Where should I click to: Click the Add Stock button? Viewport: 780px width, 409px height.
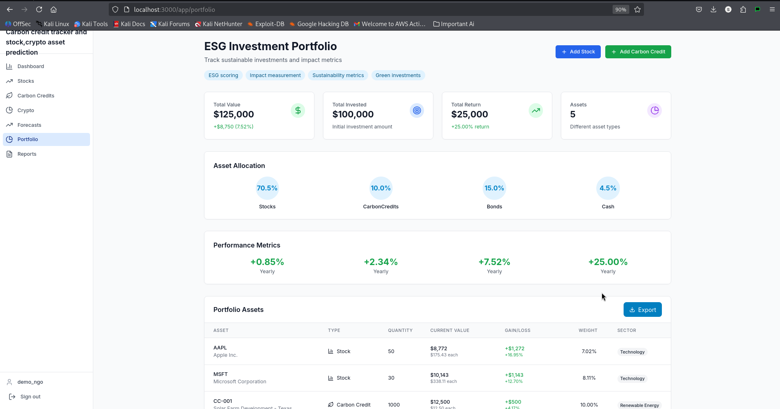pyautogui.click(x=578, y=52)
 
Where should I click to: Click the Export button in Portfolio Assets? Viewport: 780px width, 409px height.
pyautogui.click(x=642, y=310)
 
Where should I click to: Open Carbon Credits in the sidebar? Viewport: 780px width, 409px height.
pyautogui.click(x=36, y=96)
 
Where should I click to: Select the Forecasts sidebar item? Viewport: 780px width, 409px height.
pyautogui.click(x=29, y=125)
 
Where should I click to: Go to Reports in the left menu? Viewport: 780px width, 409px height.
pyautogui.click(x=27, y=154)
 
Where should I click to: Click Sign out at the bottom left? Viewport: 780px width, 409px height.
pyautogui.click(x=30, y=397)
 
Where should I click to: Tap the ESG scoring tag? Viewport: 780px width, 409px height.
pyautogui.click(x=223, y=75)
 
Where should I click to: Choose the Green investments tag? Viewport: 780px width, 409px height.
pyautogui.click(x=398, y=75)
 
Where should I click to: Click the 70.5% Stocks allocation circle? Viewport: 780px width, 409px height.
pyautogui.click(x=267, y=188)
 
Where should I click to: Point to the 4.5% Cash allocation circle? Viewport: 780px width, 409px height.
pyautogui.click(x=608, y=188)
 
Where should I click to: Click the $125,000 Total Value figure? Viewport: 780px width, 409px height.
pyautogui.click(x=234, y=115)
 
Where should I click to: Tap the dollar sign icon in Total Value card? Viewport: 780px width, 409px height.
pyautogui.click(x=298, y=111)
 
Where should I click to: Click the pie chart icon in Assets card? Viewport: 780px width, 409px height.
pyautogui.click(x=655, y=111)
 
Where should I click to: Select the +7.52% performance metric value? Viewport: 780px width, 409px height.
pyautogui.click(x=494, y=262)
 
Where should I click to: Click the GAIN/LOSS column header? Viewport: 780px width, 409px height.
pyautogui.click(x=517, y=331)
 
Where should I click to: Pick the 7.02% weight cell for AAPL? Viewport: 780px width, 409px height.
pyautogui.click(x=589, y=352)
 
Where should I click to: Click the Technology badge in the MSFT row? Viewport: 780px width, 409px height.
pyautogui.click(x=632, y=379)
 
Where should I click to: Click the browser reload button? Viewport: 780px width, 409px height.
pyautogui.click(x=39, y=9)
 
